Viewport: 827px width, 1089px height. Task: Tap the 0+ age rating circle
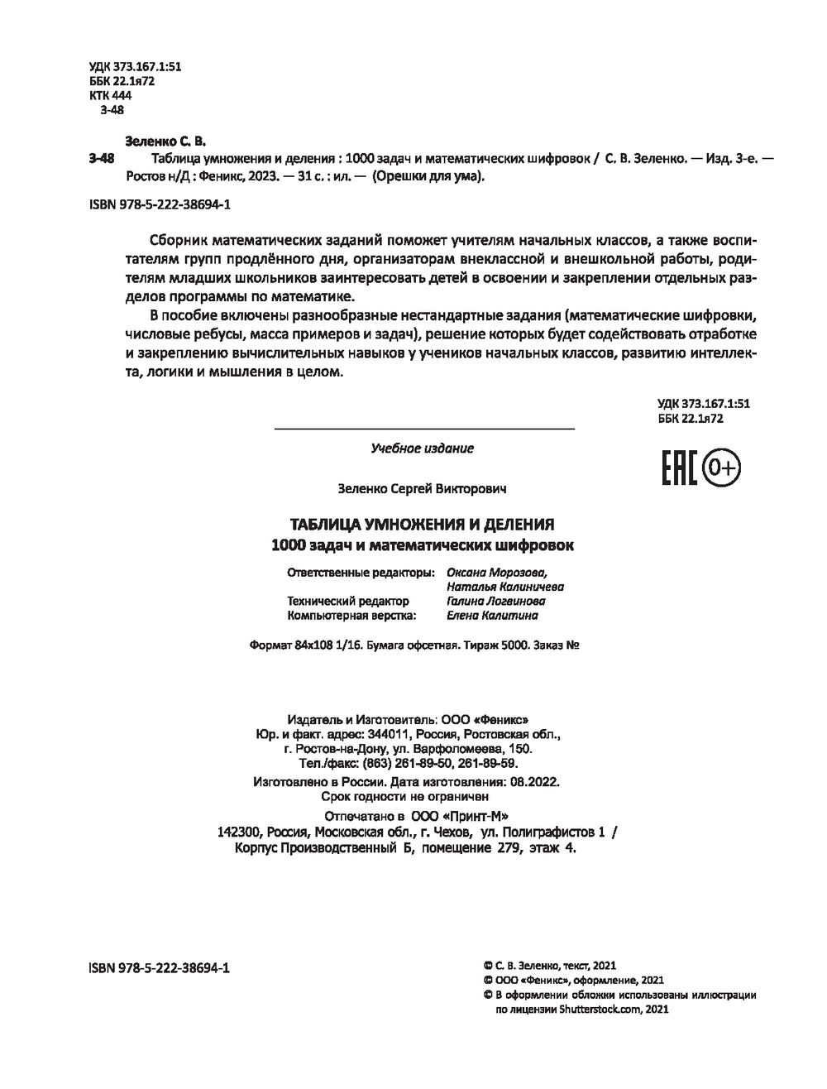point(722,469)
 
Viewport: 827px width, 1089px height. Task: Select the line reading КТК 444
point(109,95)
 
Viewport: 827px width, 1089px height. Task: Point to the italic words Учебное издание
point(423,449)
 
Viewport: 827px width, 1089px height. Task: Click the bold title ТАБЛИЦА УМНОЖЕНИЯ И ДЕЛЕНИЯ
point(422,525)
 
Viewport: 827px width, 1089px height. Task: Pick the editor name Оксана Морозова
point(496,572)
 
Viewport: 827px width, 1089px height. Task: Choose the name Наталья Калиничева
point(504,587)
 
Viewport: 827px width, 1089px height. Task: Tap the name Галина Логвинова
point(495,602)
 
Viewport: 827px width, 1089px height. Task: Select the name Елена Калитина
point(492,616)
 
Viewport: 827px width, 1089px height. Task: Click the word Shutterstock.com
point(600,1010)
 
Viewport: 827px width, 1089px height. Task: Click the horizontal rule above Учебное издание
point(423,429)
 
